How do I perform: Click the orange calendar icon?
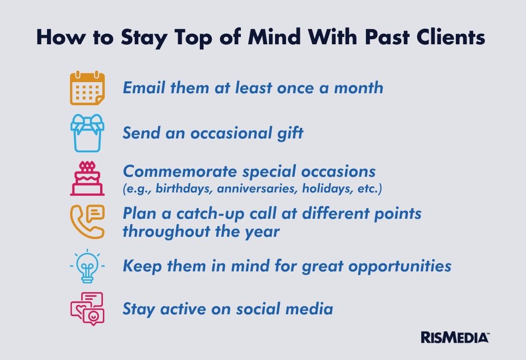(87, 88)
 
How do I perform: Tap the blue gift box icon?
(87, 133)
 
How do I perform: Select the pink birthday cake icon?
(87, 179)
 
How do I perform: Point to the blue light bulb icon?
(87, 266)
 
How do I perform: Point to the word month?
(358, 88)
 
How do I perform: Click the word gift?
(290, 133)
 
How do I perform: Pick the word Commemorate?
(180, 171)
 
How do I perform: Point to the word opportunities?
(400, 266)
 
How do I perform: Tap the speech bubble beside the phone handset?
(95, 213)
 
